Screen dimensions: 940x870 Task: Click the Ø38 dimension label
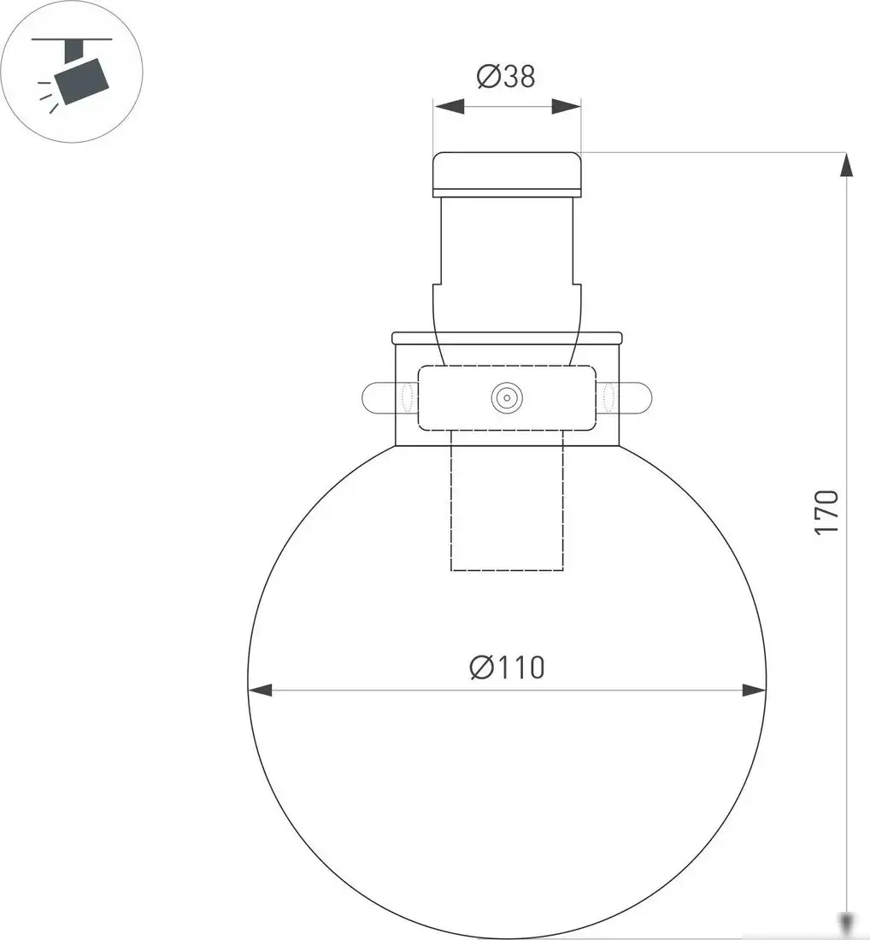505,77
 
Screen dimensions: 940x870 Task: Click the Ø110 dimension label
506,667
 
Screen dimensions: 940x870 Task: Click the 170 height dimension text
826,513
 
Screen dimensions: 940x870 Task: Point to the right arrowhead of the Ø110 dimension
753,690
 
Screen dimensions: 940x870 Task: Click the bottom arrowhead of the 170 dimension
846,923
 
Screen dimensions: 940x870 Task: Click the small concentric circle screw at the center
507,397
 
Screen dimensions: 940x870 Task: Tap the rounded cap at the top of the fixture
507,172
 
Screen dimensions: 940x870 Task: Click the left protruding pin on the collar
378,397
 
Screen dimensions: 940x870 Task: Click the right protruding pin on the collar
637,397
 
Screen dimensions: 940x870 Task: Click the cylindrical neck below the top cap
507,239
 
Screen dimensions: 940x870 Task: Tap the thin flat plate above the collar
507,338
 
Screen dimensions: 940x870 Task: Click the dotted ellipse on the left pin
407,397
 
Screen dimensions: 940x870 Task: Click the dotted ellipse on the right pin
608,397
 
